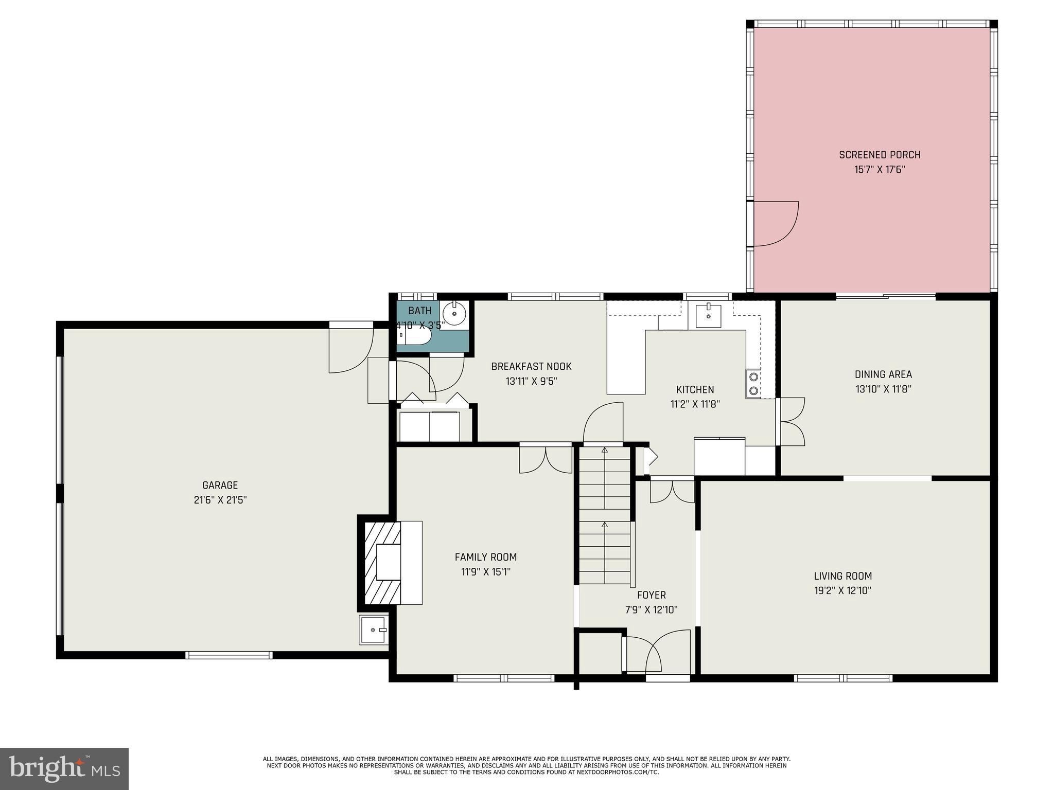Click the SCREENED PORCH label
point(879,154)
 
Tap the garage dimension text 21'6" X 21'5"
point(220,499)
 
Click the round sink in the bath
point(454,313)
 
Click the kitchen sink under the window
point(708,315)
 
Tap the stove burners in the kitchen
point(753,384)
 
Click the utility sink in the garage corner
point(373,630)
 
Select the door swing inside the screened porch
point(775,224)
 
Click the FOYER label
point(651,595)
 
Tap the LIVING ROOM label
point(842,576)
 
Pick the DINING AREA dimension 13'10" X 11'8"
point(883,389)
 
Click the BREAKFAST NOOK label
point(531,367)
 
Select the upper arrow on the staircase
point(605,451)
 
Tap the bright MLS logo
point(64,769)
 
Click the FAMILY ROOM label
point(485,557)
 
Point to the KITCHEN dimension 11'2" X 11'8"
point(695,404)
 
